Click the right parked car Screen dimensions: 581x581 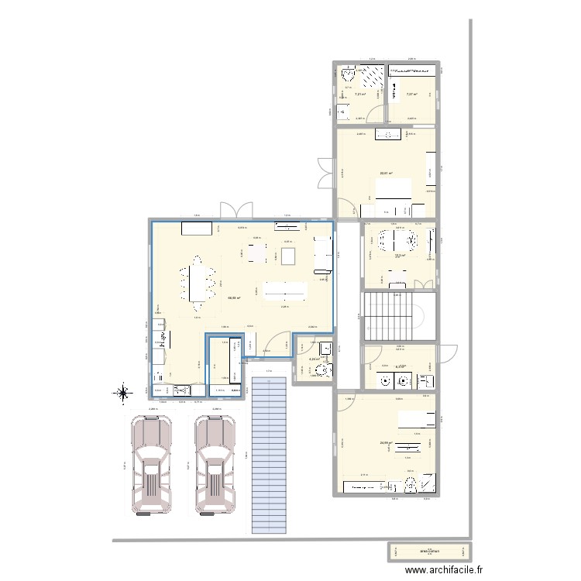[215, 465]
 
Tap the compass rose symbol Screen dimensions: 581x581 [122, 394]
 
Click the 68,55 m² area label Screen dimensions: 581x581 [234, 297]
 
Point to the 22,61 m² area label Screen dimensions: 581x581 [385, 174]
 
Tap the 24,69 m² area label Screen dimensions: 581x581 [386, 444]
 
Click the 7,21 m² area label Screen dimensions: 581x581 [360, 95]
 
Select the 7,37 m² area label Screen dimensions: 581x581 [411, 95]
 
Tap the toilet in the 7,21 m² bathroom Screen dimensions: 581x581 [346, 76]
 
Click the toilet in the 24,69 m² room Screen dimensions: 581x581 [409, 486]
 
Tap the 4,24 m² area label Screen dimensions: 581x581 [315, 359]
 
